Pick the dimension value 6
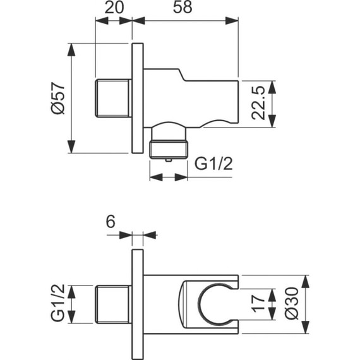[x=110, y=221]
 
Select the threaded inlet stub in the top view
[x=114, y=98]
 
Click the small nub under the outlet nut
[x=169, y=161]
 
